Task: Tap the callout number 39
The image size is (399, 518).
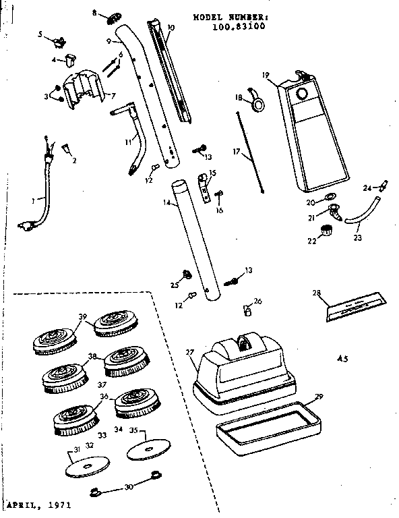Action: click(83, 317)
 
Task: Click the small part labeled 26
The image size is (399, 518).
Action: click(247, 311)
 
